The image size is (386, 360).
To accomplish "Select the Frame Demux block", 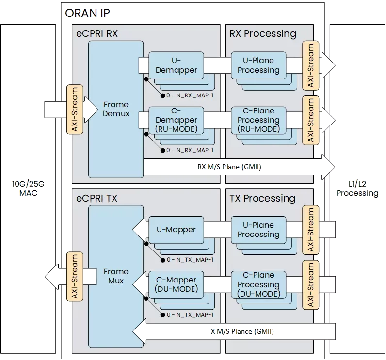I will pyautogui.click(x=116, y=109).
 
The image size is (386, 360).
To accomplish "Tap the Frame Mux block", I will pyautogui.click(x=116, y=276).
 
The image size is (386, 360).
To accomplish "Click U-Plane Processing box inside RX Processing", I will pyautogui.click(x=258, y=65).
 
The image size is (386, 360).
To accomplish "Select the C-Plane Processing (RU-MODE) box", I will pyautogui.click(x=258, y=120).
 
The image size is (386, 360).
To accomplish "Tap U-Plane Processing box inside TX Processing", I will pyautogui.click(x=258, y=230).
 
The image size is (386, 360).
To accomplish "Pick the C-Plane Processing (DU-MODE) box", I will pyautogui.click(x=258, y=285).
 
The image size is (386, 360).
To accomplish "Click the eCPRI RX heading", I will pyautogui.click(x=97, y=34).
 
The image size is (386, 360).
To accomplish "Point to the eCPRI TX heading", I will pyautogui.click(x=96, y=199).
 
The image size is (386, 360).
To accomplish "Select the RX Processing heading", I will pyautogui.click(x=262, y=34).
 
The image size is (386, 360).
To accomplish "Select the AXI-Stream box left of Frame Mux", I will pyautogui.click(x=75, y=276).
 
